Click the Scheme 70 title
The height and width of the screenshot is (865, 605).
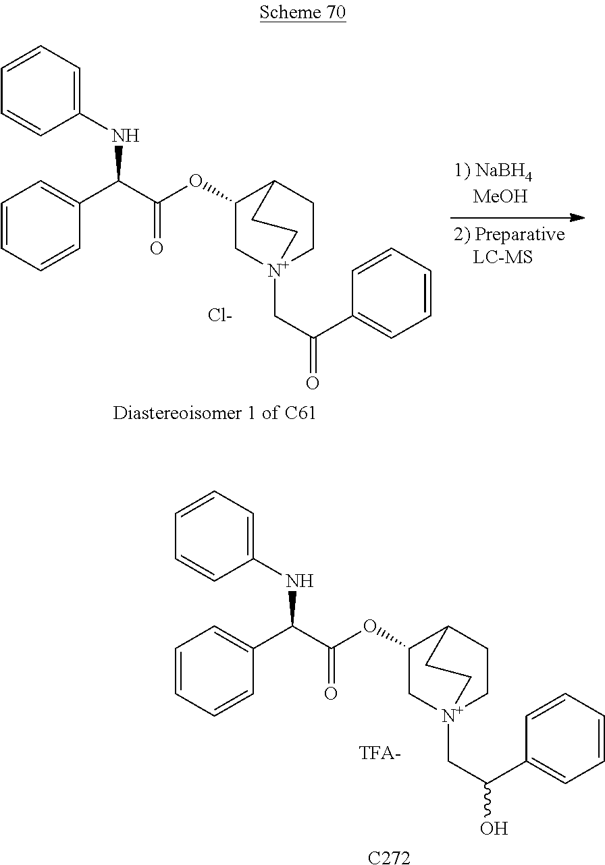pyautogui.click(x=302, y=12)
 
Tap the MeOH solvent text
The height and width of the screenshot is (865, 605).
pyautogui.click(x=500, y=196)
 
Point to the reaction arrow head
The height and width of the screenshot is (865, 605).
pyautogui.click(x=577, y=218)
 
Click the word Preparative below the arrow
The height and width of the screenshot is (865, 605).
pyautogui.click(x=520, y=234)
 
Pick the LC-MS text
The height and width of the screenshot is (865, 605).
pyautogui.click(x=502, y=257)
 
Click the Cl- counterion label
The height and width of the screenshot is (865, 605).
pyautogui.click(x=220, y=315)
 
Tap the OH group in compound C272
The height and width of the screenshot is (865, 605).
pyautogui.click(x=494, y=829)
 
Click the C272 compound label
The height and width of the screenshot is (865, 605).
pyautogui.click(x=388, y=858)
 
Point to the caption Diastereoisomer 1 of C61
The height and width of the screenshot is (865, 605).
pyautogui.click(x=214, y=413)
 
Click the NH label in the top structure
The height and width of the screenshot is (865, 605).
pyautogui.click(x=126, y=136)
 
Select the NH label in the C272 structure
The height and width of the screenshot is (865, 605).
pyautogui.click(x=300, y=581)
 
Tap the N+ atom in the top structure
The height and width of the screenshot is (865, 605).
pyautogui.click(x=278, y=269)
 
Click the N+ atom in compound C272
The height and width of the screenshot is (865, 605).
pyautogui.click(x=452, y=715)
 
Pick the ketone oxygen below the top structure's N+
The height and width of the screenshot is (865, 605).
pyautogui.click(x=313, y=383)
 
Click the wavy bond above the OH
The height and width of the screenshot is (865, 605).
pyautogui.click(x=488, y=797)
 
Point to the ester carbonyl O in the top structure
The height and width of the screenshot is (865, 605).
pyautogui.click(x=157, y=248)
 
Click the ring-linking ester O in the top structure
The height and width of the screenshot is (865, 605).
pyautogui.click(x=196, y=181)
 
